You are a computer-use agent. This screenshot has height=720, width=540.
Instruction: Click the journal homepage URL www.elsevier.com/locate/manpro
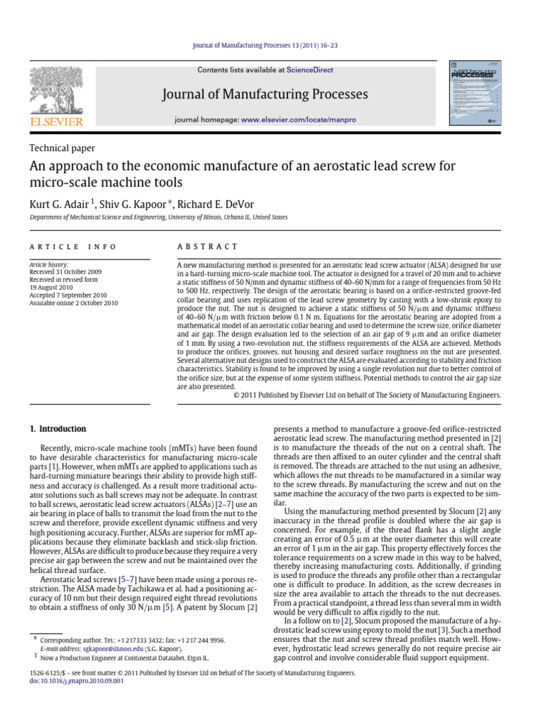tap(298, 120)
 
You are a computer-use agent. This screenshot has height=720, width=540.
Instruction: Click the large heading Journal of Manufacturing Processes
tap(265, 94)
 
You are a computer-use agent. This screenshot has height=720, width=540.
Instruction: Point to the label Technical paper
tap(62, 148)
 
